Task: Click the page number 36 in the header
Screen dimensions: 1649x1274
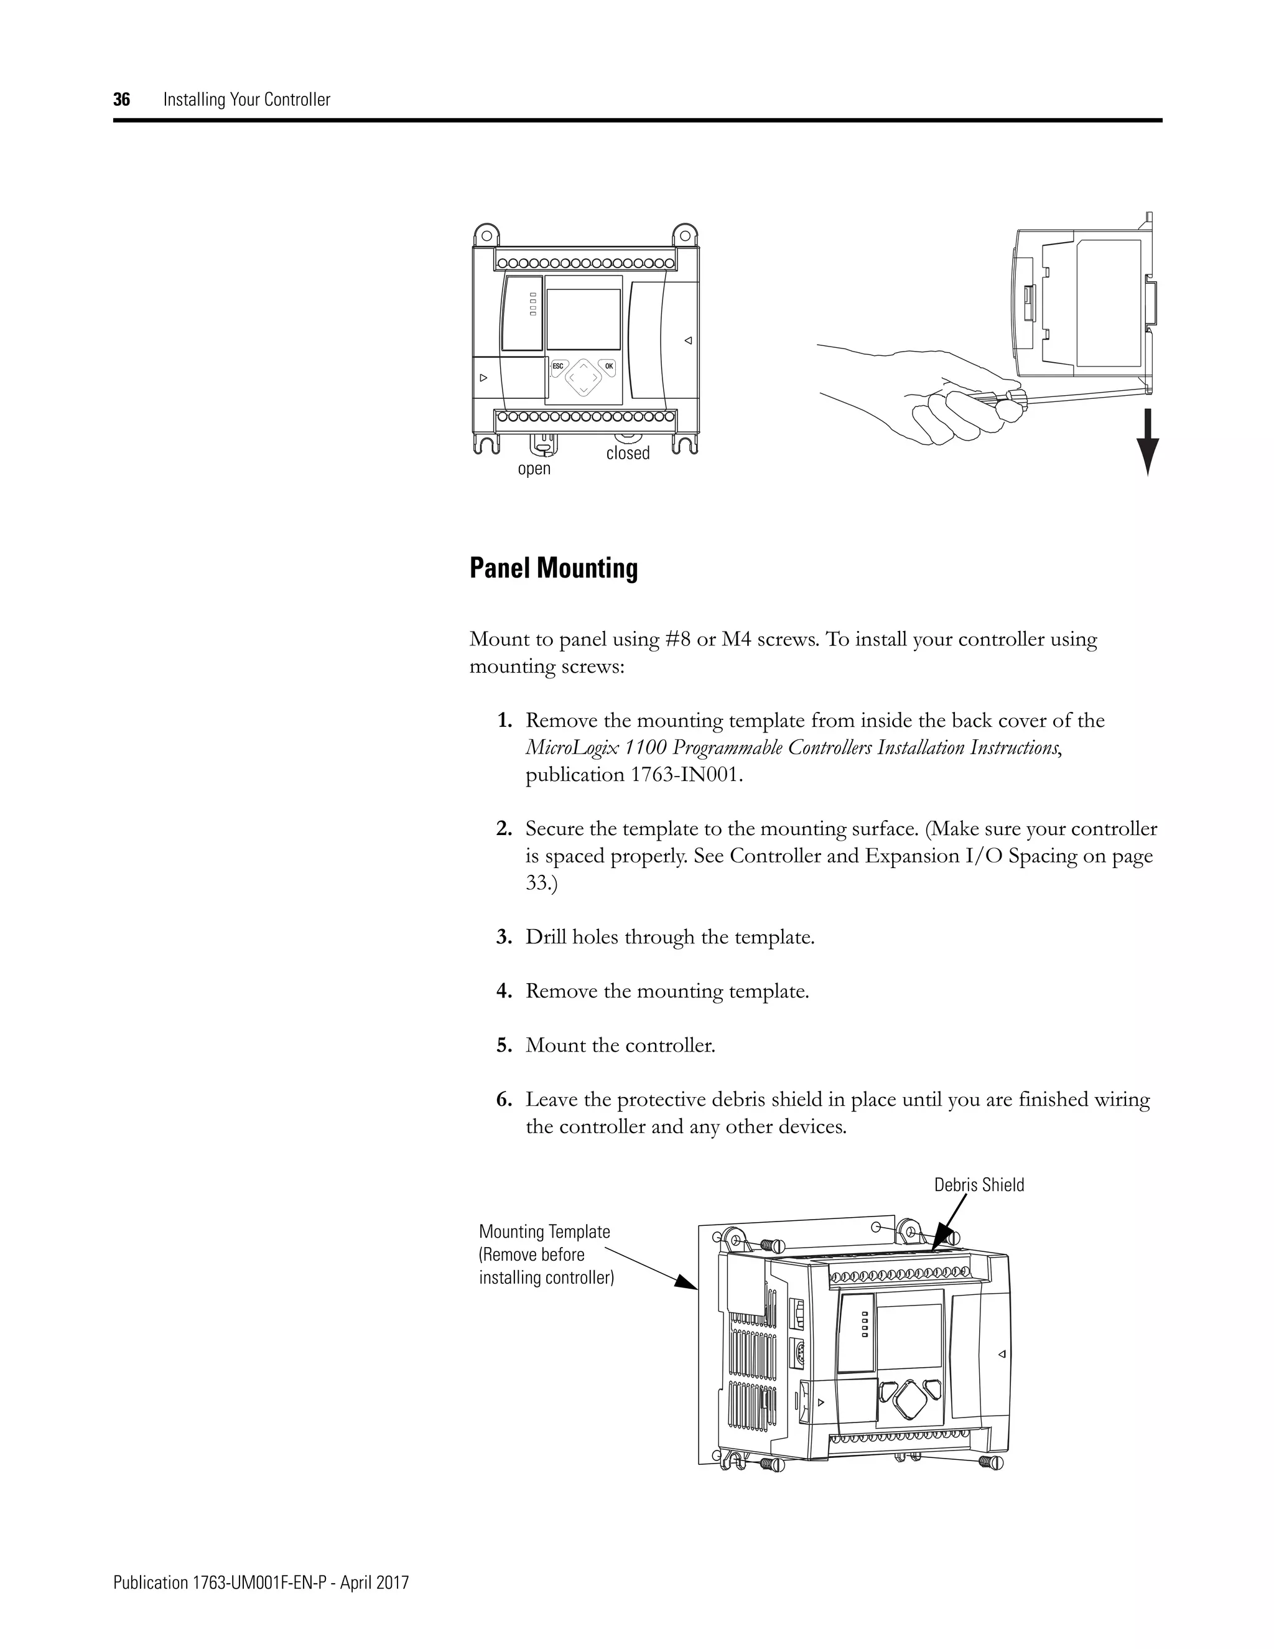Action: click(121, 100)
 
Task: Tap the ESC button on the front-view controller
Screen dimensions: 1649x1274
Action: click(558, 366)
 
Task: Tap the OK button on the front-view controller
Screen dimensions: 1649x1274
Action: click(608, 366)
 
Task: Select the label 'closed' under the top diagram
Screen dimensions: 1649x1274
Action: click(627, 453)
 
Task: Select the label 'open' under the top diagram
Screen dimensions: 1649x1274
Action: click(534, 469)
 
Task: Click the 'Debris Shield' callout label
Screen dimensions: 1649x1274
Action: click(979, 1185)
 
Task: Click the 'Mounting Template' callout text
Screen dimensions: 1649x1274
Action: click(544, 1231)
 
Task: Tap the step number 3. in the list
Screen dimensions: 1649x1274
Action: click(504, 938)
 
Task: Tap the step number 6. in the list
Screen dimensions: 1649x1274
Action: click(504, 1100)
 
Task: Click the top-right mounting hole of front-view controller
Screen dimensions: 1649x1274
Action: click(684, 235)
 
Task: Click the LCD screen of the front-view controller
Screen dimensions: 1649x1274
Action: click(583, 319)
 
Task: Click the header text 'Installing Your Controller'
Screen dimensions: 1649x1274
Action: click(247, 100)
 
